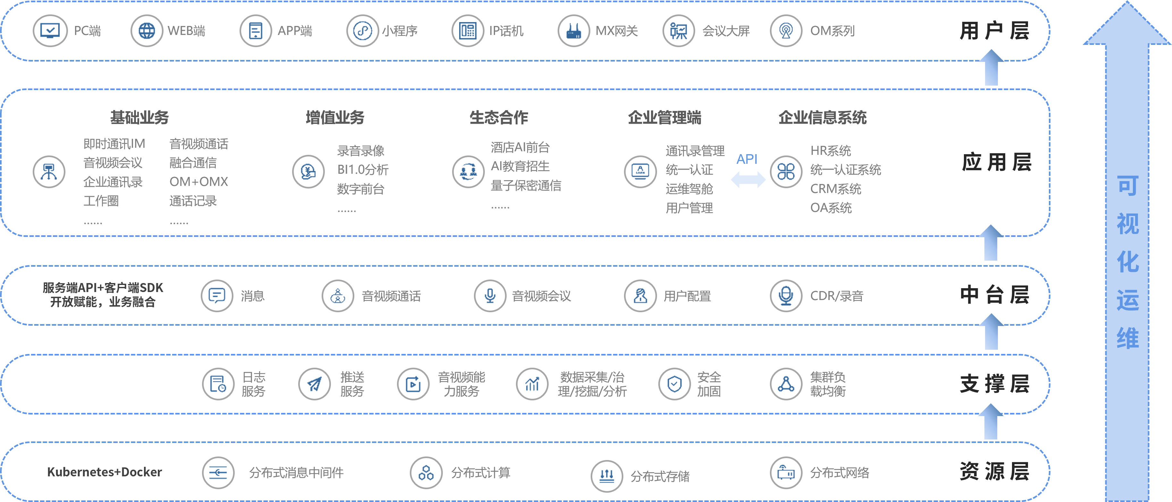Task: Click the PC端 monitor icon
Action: (50, 31)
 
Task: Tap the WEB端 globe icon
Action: (147, 31)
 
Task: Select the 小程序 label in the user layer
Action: (400, 31)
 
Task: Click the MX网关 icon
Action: (574, 31)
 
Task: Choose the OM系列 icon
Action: (786, 31)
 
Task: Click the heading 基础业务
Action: (139, 117)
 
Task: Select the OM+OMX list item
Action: (199, 181)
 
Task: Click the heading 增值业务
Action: (335, 117)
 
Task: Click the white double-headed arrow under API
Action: (748, 180)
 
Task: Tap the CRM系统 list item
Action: (835, 189)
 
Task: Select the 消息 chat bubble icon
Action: (217, 296)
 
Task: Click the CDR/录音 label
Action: (837, 296)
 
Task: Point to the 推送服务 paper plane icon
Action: (314, 384)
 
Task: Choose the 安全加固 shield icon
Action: (674, 384)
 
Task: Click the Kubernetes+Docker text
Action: (105, 472)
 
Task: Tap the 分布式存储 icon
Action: (606, 476)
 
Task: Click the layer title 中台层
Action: (995, 295)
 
